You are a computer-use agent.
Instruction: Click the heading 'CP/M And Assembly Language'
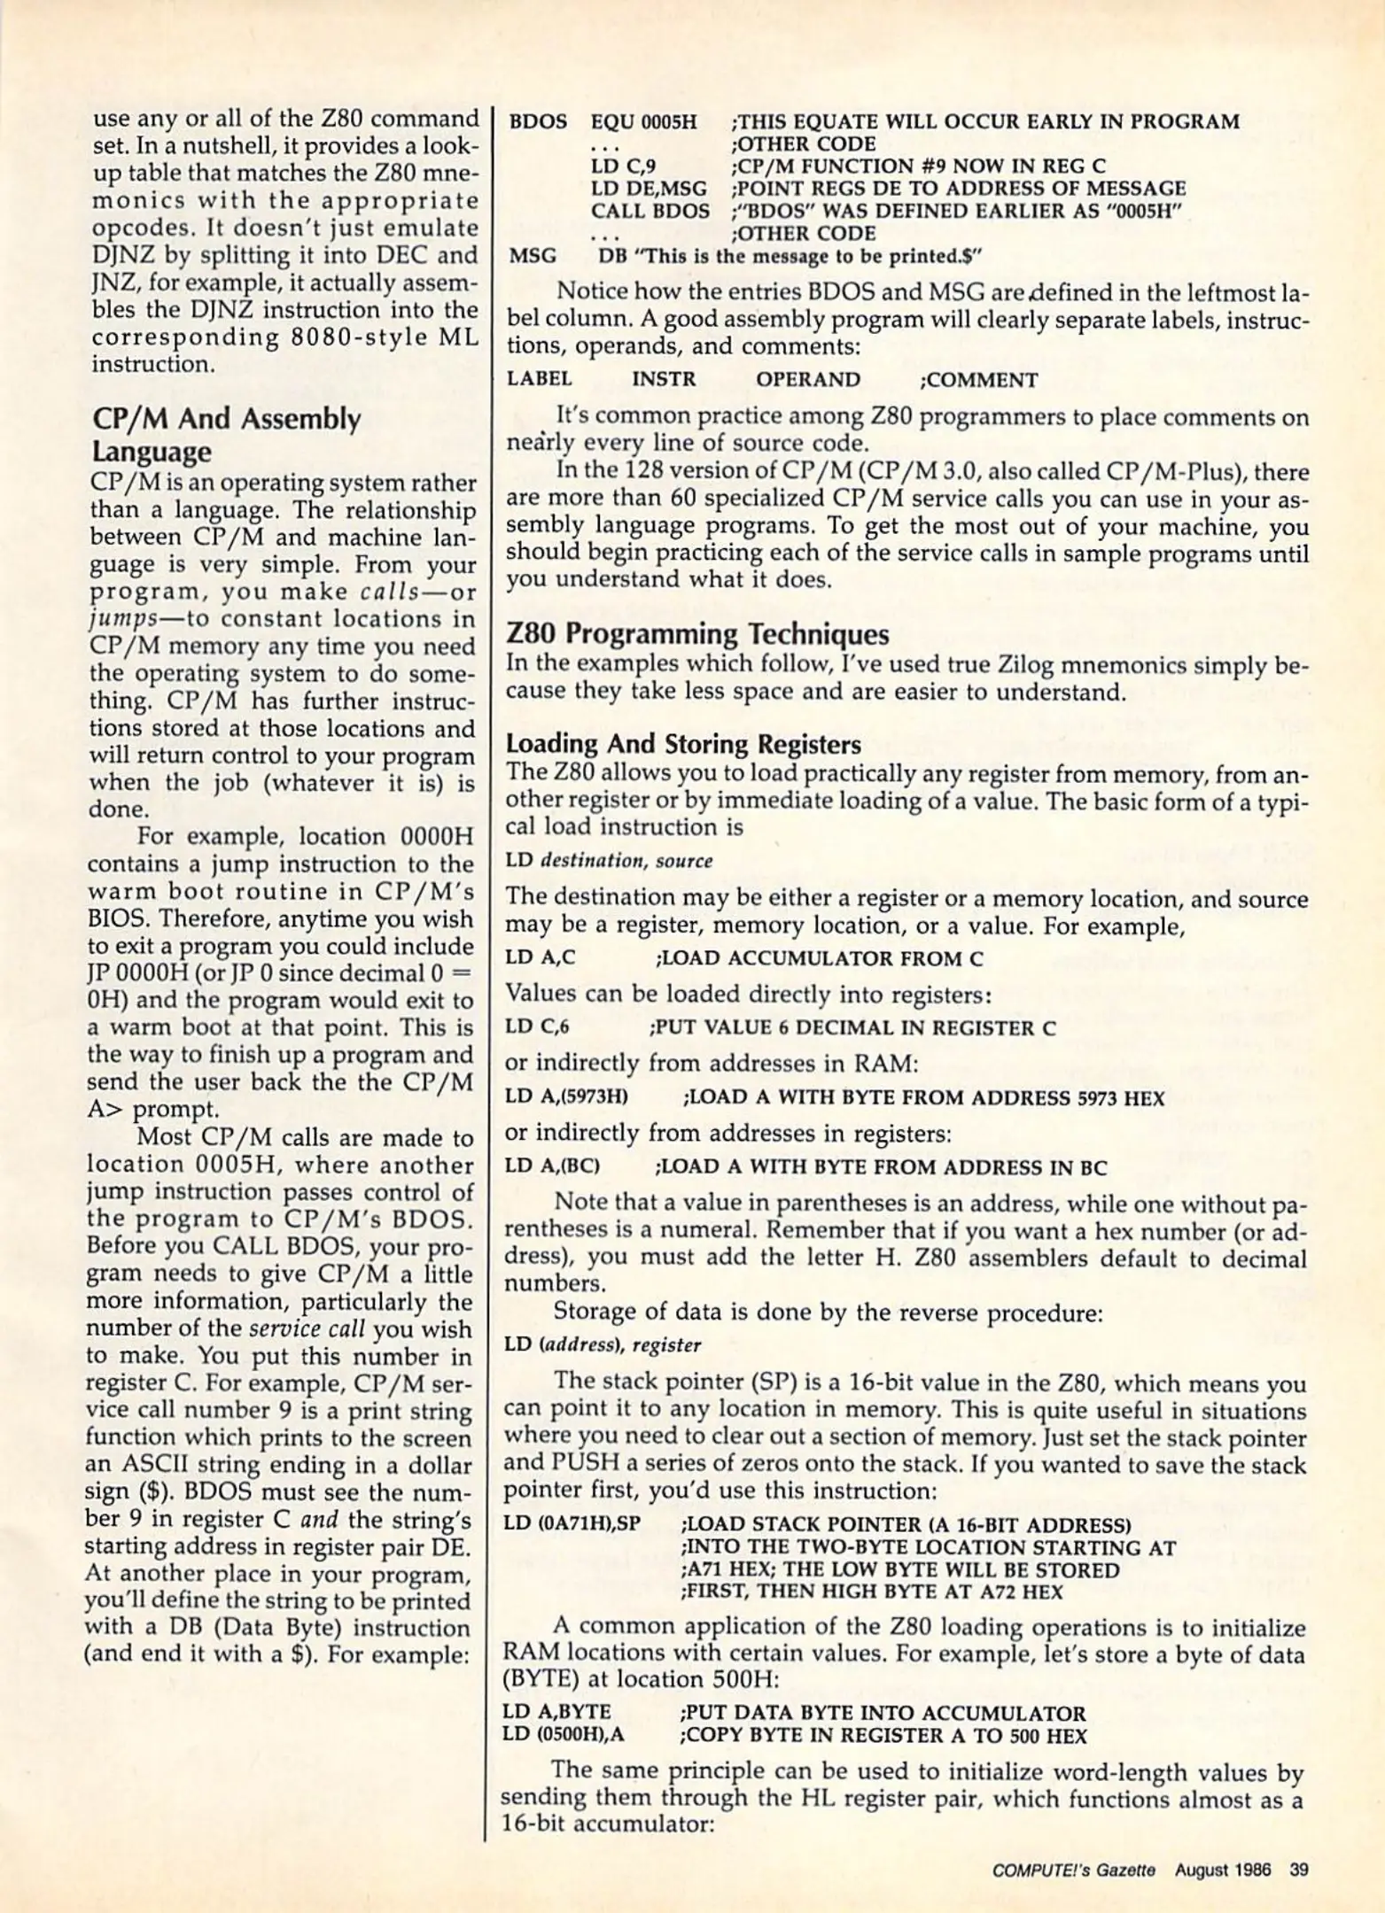[226, 434]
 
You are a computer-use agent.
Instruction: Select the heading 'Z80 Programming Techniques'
[696, 634]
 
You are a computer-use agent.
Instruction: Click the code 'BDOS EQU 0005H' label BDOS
[537, 121]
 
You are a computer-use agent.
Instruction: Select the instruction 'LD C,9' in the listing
[622, 166]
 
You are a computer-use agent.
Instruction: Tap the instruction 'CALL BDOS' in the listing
[650, 211]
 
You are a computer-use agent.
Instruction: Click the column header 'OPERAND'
[807, 380]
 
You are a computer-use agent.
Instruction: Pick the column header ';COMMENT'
[978, 380]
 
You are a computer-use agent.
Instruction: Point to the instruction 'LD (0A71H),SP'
[571, 1525]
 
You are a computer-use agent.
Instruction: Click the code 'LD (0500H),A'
[563, 1735]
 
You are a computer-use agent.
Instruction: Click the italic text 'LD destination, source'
[609, 861]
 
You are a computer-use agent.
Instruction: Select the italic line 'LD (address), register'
[603, 1345]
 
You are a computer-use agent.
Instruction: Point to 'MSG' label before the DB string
[532, 256]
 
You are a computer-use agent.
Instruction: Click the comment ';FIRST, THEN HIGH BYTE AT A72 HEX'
[871, 1592]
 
